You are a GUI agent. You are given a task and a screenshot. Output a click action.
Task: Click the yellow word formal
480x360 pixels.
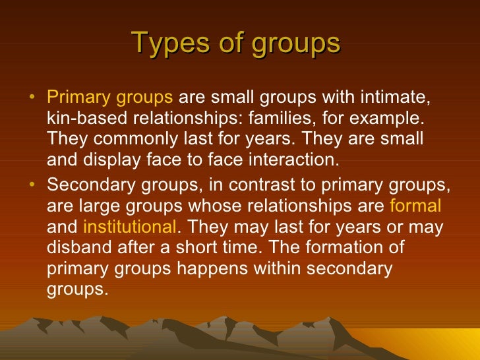pos(415,206)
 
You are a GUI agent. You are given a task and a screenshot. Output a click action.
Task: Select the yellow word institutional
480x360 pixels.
pos(129,227)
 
